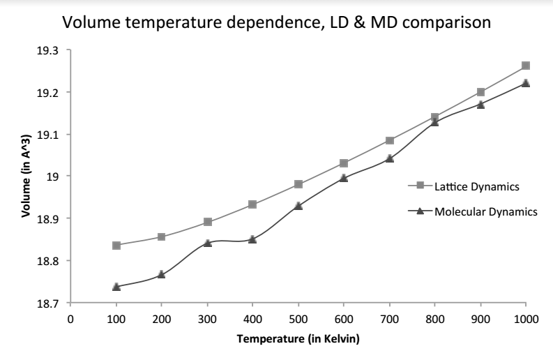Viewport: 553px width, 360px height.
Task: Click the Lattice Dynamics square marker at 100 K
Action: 116,246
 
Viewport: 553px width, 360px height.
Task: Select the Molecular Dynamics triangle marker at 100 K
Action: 116,287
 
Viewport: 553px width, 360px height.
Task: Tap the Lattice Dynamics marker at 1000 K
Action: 526,66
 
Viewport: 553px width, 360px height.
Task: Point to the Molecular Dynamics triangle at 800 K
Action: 435,121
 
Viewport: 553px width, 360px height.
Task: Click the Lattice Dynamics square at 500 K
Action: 298,184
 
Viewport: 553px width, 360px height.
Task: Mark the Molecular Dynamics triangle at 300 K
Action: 207,243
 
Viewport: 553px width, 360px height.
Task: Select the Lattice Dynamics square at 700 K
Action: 389,140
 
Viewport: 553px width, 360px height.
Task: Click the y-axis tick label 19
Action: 54,177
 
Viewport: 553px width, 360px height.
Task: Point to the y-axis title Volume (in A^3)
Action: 24,177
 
